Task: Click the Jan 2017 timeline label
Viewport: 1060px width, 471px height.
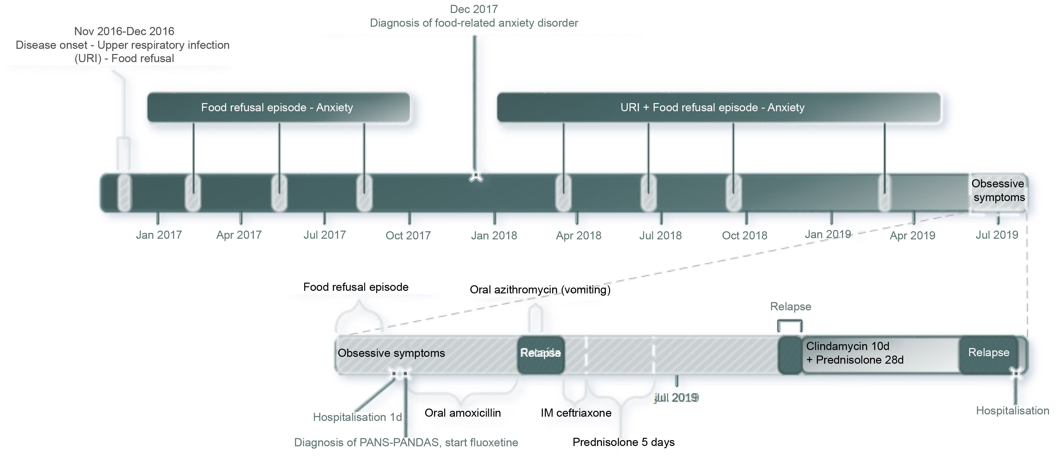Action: [x=159, y=235]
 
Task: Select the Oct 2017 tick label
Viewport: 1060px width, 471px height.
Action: [x=408, y=235]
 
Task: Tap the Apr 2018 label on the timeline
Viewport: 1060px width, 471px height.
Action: [x=578, y=235]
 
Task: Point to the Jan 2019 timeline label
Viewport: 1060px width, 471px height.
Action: [x=827, y=234]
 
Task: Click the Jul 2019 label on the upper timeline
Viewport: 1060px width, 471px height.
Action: [x=997, y=235]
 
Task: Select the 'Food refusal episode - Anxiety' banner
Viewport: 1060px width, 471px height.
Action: [x=277, y=107]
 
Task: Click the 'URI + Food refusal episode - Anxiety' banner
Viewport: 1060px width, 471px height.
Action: [x=712, y=107]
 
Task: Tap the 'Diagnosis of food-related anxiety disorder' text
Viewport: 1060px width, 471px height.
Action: [x=474, y=23]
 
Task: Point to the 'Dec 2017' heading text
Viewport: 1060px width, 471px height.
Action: [x=474, y=9]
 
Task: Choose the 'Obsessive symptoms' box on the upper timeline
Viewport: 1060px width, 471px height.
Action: [x=998, y=191]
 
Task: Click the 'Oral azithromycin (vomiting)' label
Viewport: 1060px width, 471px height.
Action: [x=540, y=289]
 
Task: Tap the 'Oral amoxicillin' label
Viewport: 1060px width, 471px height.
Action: [x=463, y=412]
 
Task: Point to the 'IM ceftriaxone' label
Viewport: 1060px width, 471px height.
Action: [x=576, y=412]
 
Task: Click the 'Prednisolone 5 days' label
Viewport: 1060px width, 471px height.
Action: [x=623, y=442]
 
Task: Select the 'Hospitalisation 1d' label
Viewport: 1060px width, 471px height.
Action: [x=357, y=417]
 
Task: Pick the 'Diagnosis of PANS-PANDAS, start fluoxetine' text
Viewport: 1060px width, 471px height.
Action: [x=406, y=443]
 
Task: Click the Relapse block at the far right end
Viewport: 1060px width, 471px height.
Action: [x=988, y=353]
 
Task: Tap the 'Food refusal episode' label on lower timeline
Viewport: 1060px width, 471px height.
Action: [x=356, y=287]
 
